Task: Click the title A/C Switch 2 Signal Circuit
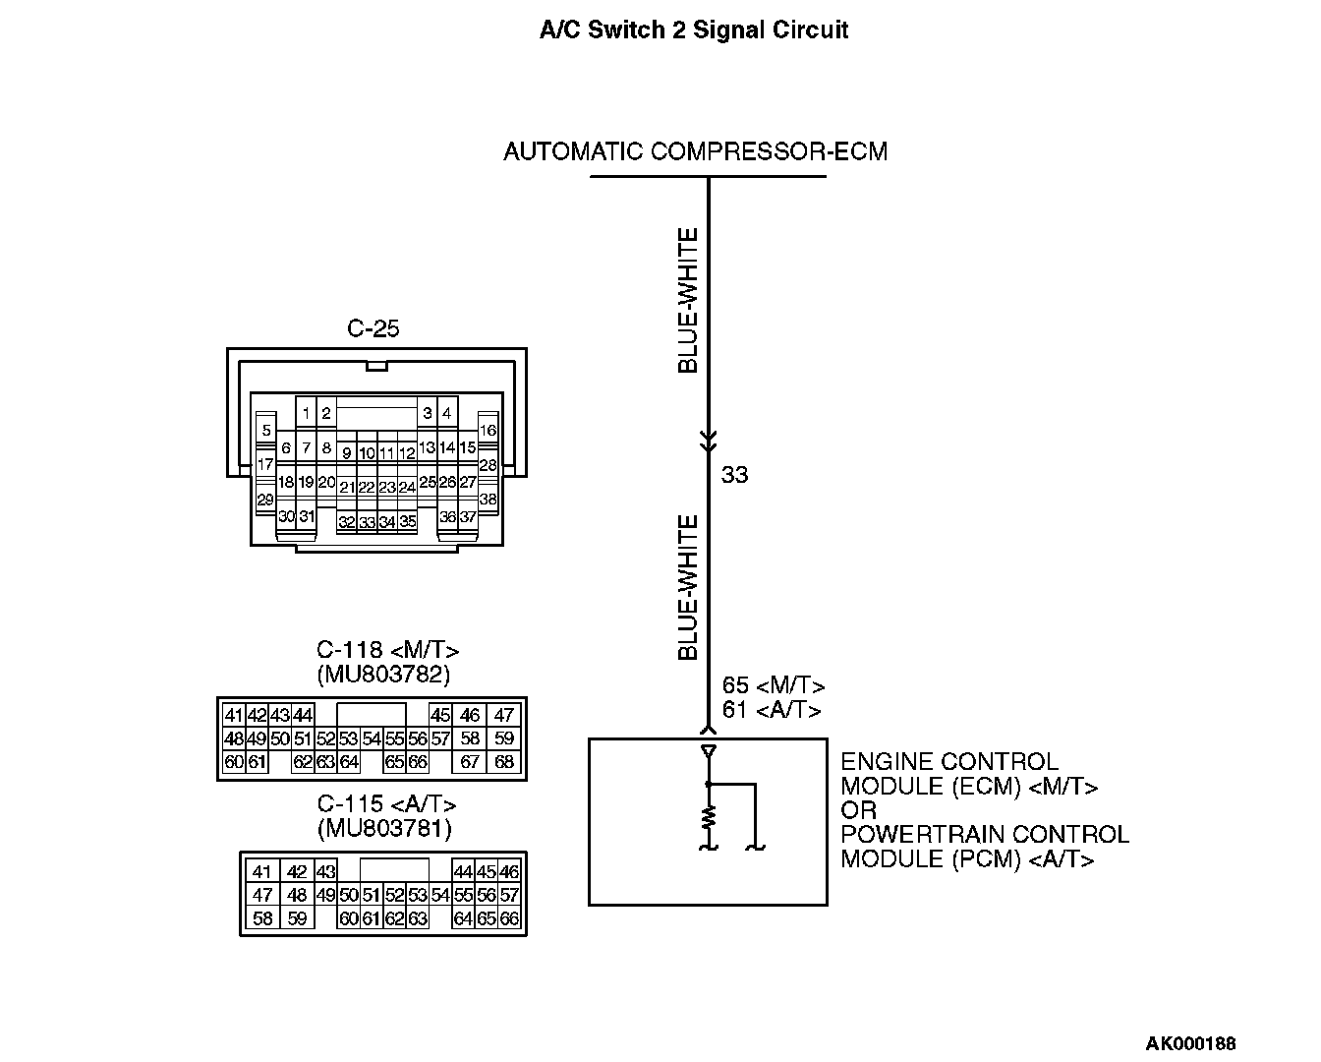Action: pos(693,29)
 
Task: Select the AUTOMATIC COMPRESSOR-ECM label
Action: pos(695,151)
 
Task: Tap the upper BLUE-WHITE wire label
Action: pos(688,301)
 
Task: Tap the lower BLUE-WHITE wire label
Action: pos(688,587)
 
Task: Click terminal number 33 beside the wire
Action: pos(734,475)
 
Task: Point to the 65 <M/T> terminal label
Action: pos(773,685)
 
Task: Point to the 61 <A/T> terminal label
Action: pos(771,709)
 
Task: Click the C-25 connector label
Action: pos(373,328)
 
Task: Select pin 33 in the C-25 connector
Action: pos(367,522)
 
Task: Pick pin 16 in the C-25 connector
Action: pos(488,430)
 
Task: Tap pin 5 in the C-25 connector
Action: pos(265,430)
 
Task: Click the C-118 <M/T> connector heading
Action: pos(387,650)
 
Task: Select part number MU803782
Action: pos(383,675)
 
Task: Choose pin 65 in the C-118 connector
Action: pos(395,762)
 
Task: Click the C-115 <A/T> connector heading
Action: pos(386,804)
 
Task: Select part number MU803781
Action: pos(384,829)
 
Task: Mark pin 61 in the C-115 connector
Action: pos(371,919)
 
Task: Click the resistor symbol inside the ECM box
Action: pos(708,816)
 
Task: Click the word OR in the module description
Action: pos(858,810)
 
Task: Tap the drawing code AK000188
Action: pos(1190,1043)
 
